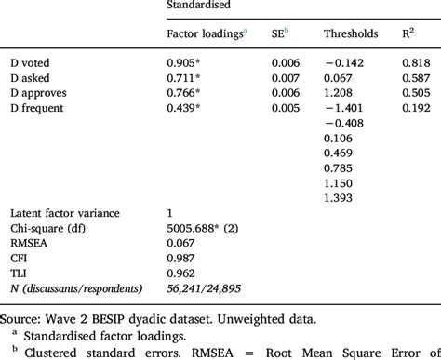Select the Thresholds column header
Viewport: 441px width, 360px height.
pos(351,34)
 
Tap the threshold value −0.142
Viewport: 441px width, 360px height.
pos(346,62)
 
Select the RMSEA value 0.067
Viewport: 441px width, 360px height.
pos(182,244)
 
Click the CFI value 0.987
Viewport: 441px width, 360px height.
pos(182,259)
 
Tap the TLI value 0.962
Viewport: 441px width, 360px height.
pos(182,273)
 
